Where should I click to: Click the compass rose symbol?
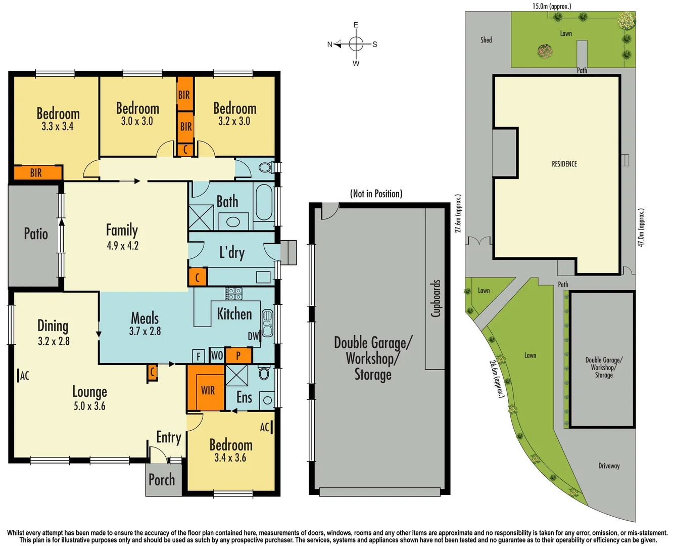(x=356, y=44)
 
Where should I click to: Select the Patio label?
(x=36, y=234)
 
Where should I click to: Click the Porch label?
(x=162, y=480)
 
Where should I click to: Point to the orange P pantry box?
(x=238, y=355)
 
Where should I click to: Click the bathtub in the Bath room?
(x=263, y=202)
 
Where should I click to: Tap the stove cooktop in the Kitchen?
(x=234, y=293)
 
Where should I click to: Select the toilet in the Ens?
(x=264, y=373)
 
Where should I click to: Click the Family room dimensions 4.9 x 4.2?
(x=122, y=246)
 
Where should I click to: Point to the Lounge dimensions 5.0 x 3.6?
(x=89, y=406)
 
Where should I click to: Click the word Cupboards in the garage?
(x=436, y=298)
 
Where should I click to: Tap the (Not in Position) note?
(x=376, y=194)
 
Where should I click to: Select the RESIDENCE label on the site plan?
(x=564, y=164)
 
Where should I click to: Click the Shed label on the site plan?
(x=486, y=40)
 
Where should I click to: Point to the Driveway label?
(x=609, y=466)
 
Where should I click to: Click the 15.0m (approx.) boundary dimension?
(x=552, y=6)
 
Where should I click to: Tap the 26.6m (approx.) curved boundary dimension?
(x=496, y=378)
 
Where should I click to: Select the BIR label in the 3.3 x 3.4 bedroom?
(x=36, y=173)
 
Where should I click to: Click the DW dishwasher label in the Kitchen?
(x=253, y=336)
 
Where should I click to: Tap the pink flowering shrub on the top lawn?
(x=545, y=51)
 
